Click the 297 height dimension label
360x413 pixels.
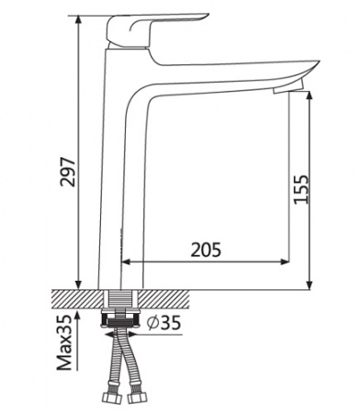tap(67, 167)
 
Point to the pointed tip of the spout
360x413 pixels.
tap(316, 65)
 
